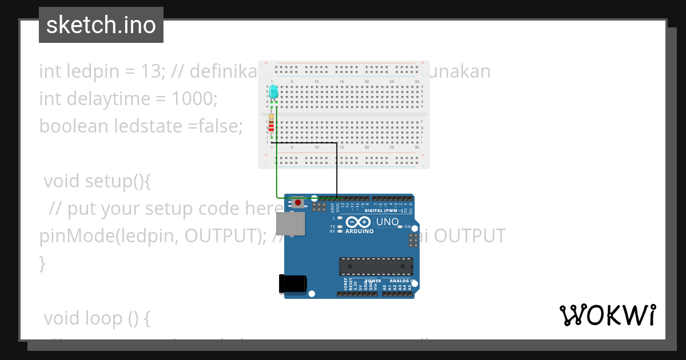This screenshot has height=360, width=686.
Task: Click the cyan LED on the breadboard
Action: (x=273, y=91)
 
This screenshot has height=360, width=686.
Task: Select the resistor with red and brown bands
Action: (x=272, y=125)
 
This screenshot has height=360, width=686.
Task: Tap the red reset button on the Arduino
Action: (x=298, y=202)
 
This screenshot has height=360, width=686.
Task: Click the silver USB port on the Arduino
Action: (x=290, y=224)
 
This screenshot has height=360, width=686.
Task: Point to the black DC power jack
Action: (x=292, y=284)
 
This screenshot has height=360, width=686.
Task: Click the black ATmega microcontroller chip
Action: (x=376, y=266)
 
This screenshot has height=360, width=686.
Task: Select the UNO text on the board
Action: (x=387, y=222)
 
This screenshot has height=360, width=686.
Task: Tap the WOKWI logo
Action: (x=607, y=315)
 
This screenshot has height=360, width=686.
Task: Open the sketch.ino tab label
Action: (x=101, y=25)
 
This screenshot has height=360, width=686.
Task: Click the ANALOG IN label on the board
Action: (x=400, y=281)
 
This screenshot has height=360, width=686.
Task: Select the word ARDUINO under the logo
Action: (x=359, y=231)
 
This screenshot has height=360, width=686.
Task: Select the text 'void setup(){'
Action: (x=97, y=181)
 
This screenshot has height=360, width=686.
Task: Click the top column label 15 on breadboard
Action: (x=341, y=82)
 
